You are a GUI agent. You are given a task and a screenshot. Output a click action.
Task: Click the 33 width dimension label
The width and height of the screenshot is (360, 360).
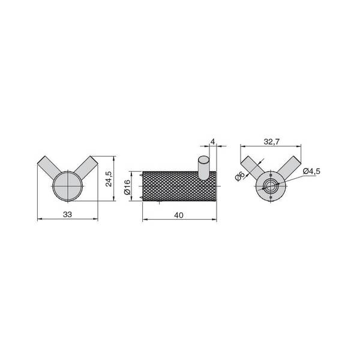pos(67,214)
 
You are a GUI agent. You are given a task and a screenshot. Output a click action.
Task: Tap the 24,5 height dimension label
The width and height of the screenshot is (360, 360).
pos(109,179)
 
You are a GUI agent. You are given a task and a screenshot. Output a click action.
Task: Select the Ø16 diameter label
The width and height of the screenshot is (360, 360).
pos(127,187)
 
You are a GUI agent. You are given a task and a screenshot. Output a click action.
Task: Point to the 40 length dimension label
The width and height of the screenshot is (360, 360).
pos(179,215)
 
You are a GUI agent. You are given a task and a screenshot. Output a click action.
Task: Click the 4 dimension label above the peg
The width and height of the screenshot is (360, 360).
pos(213,142)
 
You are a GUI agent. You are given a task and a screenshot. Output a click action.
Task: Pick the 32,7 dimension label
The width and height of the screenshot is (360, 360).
pos(271,142)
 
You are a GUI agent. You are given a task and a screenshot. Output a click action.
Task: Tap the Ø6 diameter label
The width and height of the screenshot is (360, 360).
pos(240,176)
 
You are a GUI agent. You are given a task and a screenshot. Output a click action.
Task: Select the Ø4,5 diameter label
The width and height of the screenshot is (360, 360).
pos(311,171)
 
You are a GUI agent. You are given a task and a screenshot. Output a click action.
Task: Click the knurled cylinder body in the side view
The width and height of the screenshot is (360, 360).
pos(179,186)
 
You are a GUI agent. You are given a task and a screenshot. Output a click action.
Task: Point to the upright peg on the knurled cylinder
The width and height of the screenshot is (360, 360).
pos(203,167)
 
